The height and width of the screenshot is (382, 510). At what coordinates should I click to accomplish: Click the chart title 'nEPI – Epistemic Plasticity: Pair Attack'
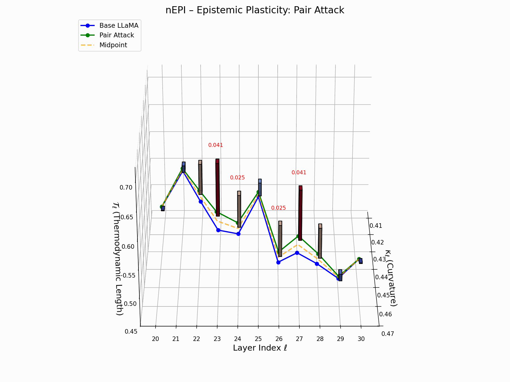tap(255, 10)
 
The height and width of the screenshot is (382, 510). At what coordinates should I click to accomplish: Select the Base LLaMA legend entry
tap(119, 25)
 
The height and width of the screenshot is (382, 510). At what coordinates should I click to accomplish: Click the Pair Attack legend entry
tap(116, 35)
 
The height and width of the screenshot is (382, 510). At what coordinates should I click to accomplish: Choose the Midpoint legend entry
tap(113, 45)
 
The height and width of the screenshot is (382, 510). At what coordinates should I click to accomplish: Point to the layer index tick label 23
tap(217, 339)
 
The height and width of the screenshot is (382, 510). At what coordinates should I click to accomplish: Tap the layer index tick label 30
tap(361, 339)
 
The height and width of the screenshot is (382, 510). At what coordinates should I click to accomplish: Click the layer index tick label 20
tap(155, 339)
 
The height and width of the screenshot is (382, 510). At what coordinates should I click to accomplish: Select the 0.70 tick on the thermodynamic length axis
tap(126, 188)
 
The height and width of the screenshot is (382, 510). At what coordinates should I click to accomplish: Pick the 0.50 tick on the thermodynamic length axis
tap(130, 304)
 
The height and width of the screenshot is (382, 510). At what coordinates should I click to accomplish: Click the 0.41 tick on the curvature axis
tap(376, 226)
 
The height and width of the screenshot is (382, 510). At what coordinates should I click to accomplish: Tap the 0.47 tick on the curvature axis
tap(387, 334)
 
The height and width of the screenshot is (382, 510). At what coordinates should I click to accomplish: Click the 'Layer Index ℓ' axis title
tap(260, 348)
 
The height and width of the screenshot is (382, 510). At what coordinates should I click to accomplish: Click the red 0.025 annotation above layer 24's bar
tap(237, 178)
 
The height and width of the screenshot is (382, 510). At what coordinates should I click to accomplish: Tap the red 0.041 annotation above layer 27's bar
tap(299, 173)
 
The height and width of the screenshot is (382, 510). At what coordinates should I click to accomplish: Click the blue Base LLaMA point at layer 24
tap(238, 234)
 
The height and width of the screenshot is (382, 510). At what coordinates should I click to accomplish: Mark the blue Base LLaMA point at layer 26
tap(278, 262)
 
